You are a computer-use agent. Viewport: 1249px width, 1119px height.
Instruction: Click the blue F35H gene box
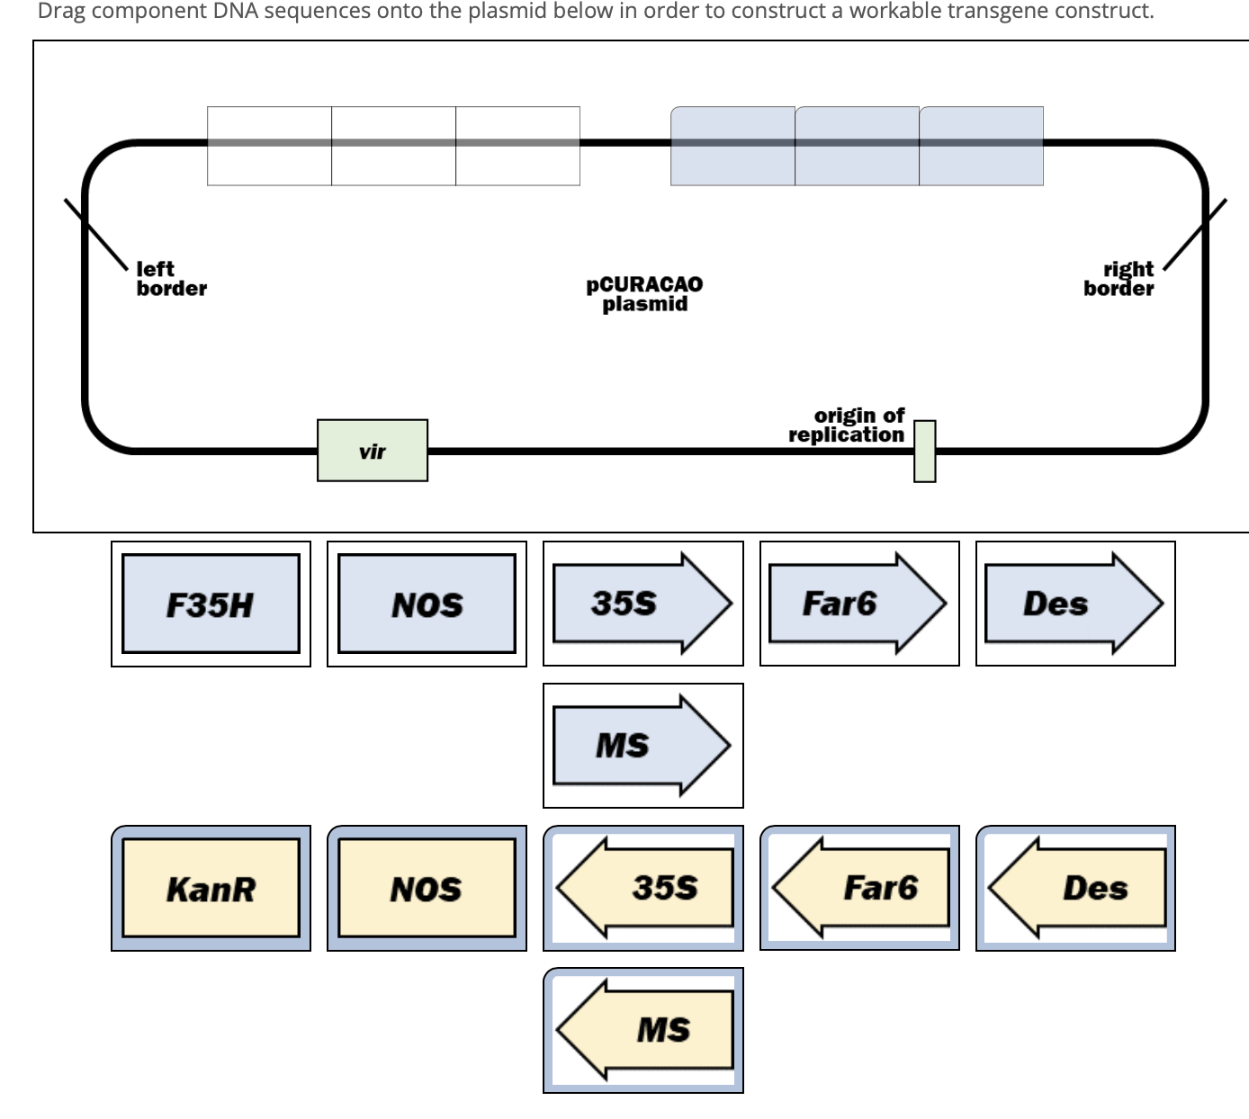pyautogui.click(x=211, y=604)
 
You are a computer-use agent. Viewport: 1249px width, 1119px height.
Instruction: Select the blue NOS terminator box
pyautogui.click(x=427, y=604)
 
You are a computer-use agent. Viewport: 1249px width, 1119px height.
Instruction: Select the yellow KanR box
pyautogui.click(x=211, y=888)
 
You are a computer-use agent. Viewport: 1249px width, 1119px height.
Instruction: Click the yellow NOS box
pyautogui.click(x=427, y=888)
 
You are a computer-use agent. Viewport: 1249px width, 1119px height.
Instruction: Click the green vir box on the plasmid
pyautogui.click(x=373, y=451)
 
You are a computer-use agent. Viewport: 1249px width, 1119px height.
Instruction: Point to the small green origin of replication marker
pyautogui.click(x=924, y=451)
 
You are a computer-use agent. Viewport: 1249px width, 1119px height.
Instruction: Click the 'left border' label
pyautogui.click(x=171, y=279)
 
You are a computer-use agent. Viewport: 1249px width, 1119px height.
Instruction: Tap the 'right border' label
pyautogui.click(x=1119, y=279)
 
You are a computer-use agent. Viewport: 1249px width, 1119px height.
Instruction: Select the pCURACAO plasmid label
pyautogui.click(x=644, y=294)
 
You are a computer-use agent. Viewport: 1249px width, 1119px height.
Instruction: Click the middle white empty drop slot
pyautogui.click(x=393, y=146)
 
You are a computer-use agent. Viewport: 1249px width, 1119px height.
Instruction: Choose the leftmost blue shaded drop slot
pyautogui.click(x=732, y=146)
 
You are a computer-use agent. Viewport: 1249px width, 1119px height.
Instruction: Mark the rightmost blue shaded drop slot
pyautogui.click(x=981, y=146)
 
